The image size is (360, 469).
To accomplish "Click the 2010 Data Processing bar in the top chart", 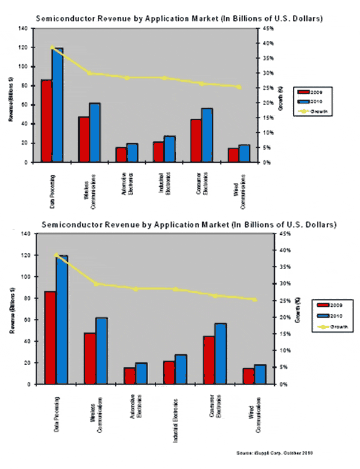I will tap(57, 105).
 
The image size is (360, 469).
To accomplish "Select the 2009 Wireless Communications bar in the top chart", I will tap(83, 139).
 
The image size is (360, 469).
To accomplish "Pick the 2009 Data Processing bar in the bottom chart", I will tap(50, 337).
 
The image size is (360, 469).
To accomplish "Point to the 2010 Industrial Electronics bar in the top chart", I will tap(170, 149).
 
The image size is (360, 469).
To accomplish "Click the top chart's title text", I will tap(180, 19).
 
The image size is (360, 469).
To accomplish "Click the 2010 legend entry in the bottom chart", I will tap(328, 316).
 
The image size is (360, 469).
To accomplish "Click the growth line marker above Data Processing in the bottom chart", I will tap(56, 255).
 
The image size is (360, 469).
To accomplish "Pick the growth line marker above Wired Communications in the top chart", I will tap(239, 87).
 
